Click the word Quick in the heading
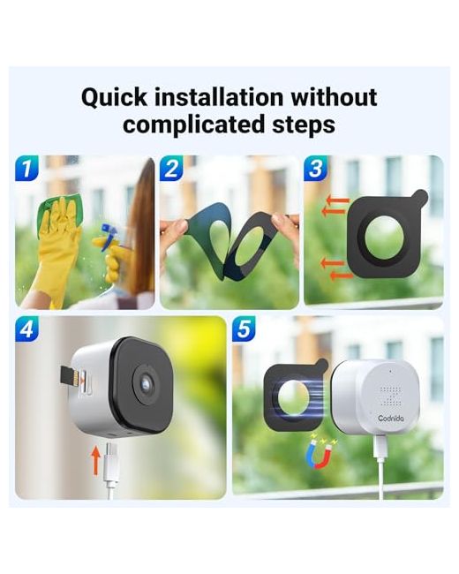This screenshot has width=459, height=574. coord(114,98)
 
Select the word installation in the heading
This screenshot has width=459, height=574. coord(219,97)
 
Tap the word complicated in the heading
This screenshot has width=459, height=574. coord(194,125)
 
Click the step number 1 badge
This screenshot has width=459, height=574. coord(26,168)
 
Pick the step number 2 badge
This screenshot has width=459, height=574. coord(171,168)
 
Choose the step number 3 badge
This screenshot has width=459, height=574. coord(315,168)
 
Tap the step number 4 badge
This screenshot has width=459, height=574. coord(26,329)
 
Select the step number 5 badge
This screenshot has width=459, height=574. coord(244,329)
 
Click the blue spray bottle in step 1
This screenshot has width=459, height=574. coord(109,236)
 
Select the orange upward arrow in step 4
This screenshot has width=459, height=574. coord(95,459)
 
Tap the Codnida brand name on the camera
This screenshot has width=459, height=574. coord(391,418)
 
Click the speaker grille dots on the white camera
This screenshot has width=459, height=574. coord(391,397)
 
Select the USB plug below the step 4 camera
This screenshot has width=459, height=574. coord(111,462)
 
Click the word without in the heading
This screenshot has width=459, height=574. coord(334,97)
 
